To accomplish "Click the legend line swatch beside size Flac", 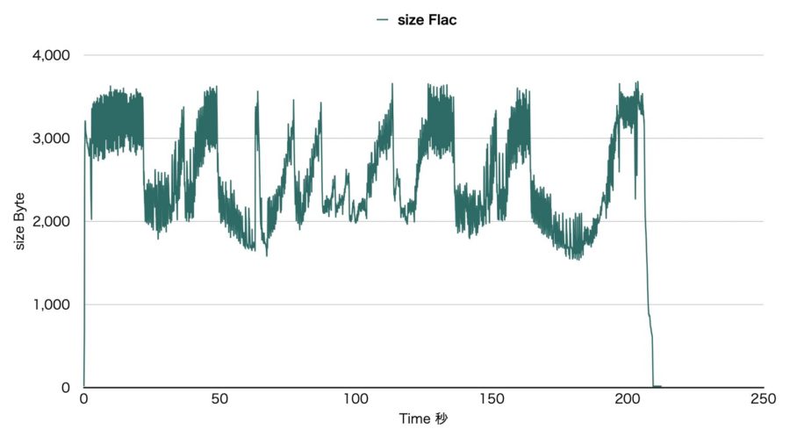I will (x=382, y=20).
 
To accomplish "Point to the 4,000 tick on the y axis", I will (x=54, y=55).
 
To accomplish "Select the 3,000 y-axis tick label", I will (x=54, y=139).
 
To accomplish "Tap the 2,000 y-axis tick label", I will (x=54, y=221).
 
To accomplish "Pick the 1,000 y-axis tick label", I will (x=54, y=304).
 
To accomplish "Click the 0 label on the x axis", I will (x=83, y=399).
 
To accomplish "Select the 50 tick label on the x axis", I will (x=219, y=399).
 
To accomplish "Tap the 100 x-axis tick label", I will (x=355, y=399).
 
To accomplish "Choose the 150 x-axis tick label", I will (x=492, y=399).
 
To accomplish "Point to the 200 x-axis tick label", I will (x=628, y=399).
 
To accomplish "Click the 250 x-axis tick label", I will (x=763, y=399).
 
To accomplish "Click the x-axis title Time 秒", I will (x=423, y=418).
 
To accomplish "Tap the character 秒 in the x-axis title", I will (x=441, y=418).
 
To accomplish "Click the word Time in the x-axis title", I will (x=413, y=418).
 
